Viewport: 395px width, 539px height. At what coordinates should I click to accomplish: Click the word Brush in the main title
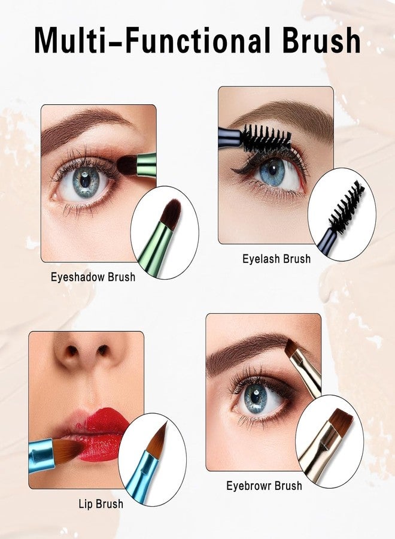(321, 40)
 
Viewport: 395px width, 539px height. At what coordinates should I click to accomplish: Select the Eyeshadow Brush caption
(93, 277)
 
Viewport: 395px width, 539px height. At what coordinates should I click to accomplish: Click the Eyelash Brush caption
(276, 259)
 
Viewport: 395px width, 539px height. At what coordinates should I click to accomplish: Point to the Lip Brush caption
(101, 504)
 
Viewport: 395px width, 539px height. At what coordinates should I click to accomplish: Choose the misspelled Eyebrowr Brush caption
(264, 486)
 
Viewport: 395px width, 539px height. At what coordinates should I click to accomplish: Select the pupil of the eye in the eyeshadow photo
(86, 179)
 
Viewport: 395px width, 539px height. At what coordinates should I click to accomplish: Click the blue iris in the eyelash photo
(272, 171)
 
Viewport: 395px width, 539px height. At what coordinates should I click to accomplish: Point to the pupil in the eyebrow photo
(256, 396)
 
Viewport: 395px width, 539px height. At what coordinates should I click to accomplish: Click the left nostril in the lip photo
(72, 351)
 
